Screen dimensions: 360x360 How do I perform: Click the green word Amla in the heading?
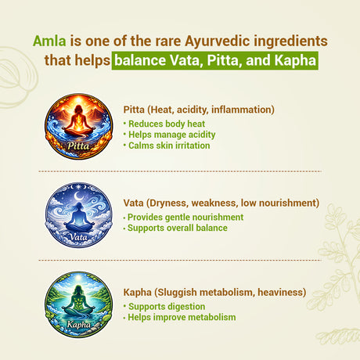click(x=49, y=41)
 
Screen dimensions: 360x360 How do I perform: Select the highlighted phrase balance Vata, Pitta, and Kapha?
click(x=215, y=60)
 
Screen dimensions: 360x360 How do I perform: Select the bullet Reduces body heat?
click(x=162, y=124)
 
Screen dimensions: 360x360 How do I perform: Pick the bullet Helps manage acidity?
click(x=164, y=135)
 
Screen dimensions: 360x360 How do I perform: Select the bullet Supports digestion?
click(x=166, y=306)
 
